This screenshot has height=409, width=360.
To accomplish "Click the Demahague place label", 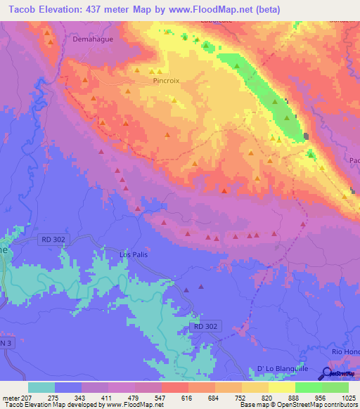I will (93, 40).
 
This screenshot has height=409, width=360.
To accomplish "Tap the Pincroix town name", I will (166, 81).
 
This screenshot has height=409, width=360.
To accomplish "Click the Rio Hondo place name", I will (345, 351).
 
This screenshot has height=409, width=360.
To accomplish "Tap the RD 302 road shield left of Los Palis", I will (53, 240).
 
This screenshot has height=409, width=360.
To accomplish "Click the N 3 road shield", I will (6, 342).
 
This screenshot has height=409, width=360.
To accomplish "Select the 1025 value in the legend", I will (348, 397).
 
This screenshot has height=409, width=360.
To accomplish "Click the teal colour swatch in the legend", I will (41, 387).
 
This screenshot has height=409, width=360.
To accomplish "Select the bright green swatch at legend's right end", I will (335, 387).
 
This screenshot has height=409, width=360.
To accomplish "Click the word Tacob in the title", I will (19, 9).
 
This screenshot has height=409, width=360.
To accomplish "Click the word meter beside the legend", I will (11, 397).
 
